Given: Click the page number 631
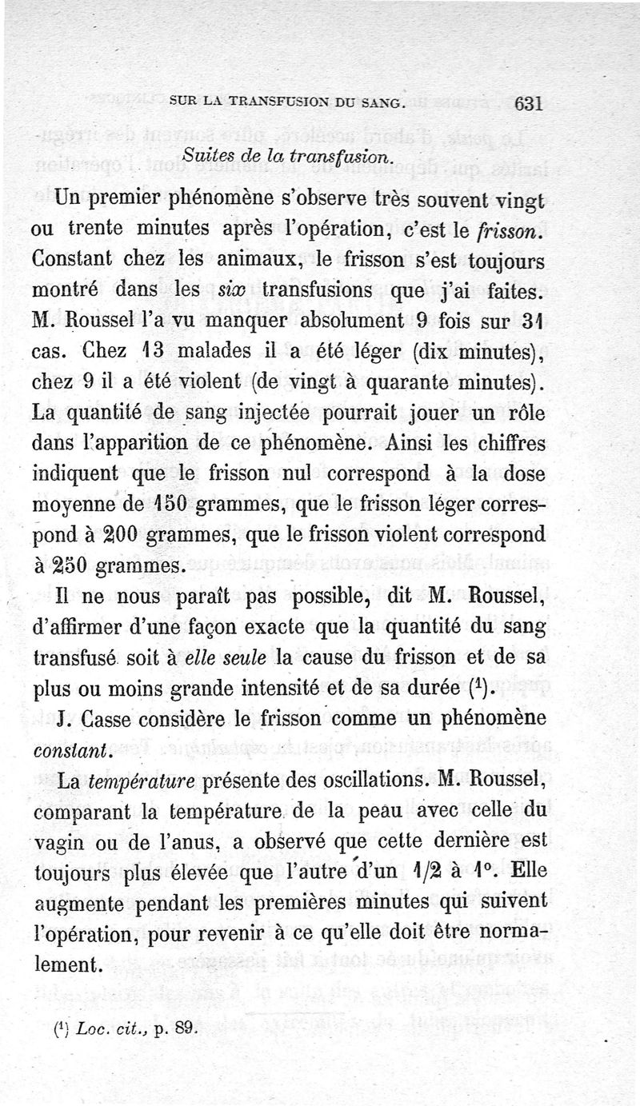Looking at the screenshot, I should (530, 104).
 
